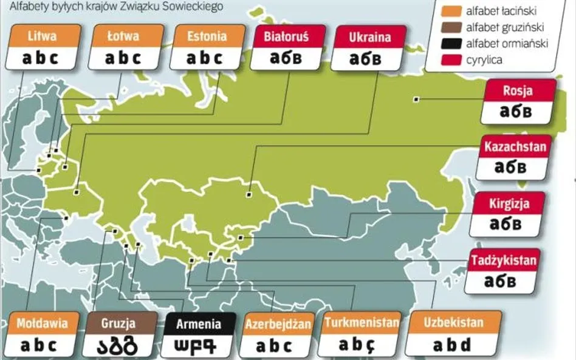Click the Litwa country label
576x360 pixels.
[42, 36]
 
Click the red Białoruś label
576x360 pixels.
[286, 36]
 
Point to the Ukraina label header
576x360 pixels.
[370, 37]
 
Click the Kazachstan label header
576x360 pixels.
[514, 146]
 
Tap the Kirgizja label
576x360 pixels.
[510, 203]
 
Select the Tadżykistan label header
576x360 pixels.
[504, 260]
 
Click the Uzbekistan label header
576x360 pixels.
[454, 322]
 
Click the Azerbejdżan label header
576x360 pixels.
[278, 324]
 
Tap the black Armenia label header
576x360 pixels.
[198, 324]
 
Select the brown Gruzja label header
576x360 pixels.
[119, 324]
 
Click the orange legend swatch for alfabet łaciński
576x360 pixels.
[450, 11]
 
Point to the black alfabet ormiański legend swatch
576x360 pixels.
[450, 44]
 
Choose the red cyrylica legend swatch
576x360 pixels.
[450, 60]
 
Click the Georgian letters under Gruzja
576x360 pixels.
[119, 345]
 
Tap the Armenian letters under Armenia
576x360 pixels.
[198, 347]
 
